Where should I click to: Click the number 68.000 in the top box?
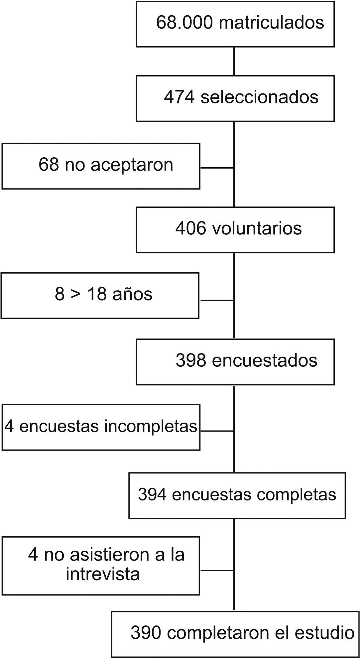184,23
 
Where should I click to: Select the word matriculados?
272,23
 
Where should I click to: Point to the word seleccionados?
259,97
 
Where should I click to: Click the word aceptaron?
132,165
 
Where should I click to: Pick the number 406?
190,228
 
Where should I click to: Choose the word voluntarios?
257,228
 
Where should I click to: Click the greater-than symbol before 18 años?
76,294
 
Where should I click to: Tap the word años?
132,294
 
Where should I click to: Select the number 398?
191,360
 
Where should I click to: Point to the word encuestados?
265,360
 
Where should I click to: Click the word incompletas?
151,427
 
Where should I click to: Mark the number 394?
152,494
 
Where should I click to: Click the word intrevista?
103,574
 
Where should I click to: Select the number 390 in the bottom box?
146,633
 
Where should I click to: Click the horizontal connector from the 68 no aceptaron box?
217,168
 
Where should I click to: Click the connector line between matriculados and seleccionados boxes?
234,61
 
